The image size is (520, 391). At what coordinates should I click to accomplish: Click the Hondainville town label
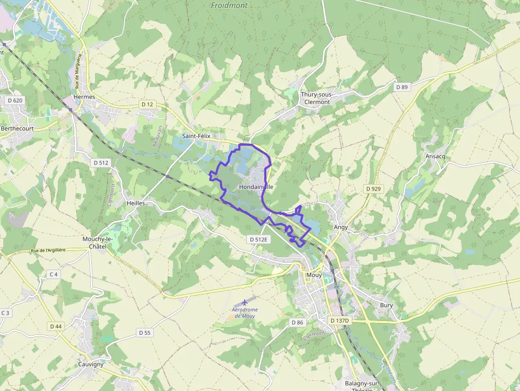[256, 187]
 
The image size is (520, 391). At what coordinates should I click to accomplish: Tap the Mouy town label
[314, 275]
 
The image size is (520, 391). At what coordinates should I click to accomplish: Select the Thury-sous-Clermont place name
[317, 98]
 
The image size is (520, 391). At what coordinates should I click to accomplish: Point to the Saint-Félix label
[196, 136]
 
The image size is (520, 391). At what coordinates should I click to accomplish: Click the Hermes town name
[84, 97]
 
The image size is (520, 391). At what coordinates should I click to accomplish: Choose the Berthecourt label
[17, 128]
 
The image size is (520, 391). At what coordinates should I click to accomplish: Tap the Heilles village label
[136, 203]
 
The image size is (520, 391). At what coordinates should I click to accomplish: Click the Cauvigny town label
[91, 364]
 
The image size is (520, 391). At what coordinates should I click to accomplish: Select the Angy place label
[341, 227]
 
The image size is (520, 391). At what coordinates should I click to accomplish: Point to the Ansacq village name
[435, 156]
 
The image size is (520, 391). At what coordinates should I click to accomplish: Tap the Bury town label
[386, 305]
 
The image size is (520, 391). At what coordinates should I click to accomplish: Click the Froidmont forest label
[229, 5]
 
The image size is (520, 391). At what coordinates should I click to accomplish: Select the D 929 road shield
[374, 189]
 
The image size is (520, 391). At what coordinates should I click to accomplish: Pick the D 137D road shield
[340, 320]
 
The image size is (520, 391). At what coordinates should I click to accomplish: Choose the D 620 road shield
[15, 100]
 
